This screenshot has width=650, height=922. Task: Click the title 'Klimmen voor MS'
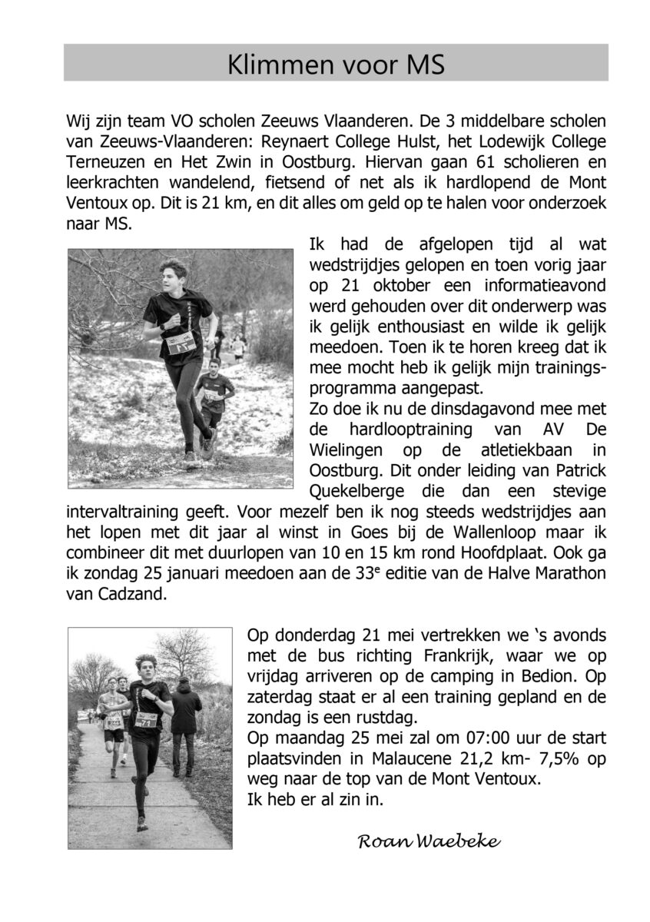[336, 65]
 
